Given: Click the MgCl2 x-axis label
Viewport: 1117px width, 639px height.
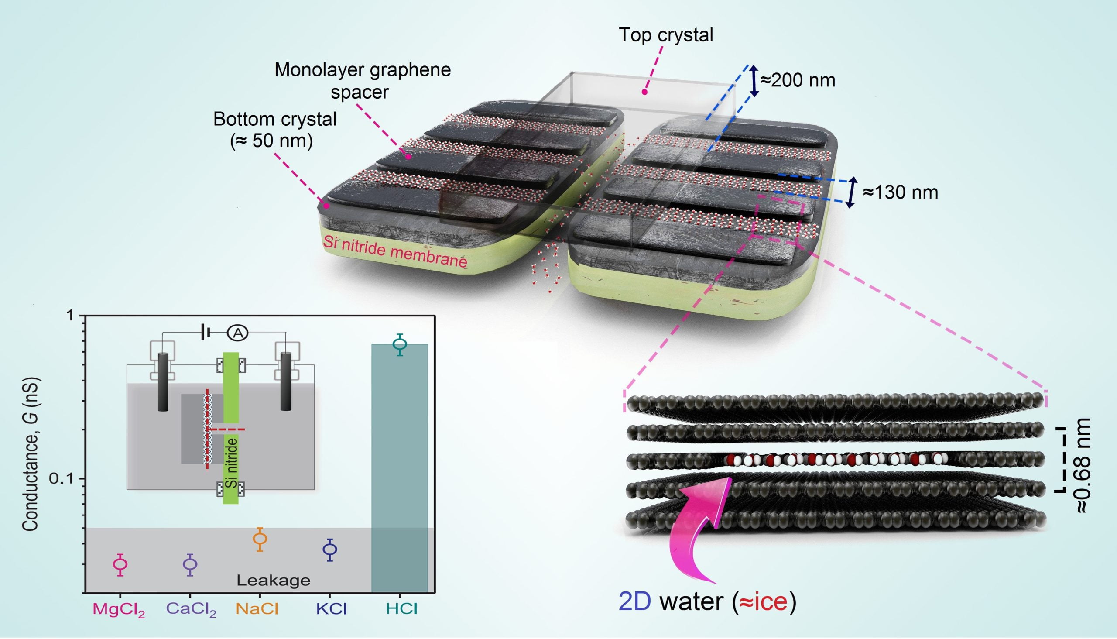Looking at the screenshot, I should click(x=118, y=610).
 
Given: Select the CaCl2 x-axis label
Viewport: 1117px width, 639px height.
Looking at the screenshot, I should click(x=191, y=610).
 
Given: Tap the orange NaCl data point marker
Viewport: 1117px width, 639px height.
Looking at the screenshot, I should click(x=260, y=539).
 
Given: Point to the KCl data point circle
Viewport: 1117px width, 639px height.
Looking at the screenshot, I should click(x=330, y=549).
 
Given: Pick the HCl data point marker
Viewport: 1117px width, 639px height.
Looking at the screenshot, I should click(x=400, y=344).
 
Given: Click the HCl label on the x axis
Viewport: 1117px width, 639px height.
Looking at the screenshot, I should click(x=401, y=609).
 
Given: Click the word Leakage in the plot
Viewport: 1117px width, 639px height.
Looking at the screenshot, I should click(x=273, y=580).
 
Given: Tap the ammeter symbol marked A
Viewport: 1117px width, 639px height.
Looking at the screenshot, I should click(x=237, y=333).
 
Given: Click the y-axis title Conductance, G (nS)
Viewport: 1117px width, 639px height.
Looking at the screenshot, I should click(x=31, y=454).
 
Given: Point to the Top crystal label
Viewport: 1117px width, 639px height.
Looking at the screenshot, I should click(x=665, y=35).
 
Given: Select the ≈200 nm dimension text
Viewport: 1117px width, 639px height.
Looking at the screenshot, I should click(x=797, y=80).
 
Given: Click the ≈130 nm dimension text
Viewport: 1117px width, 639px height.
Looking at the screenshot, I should click(x=900, y=192).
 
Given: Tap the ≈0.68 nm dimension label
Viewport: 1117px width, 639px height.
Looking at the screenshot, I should click(x=1083, y=465).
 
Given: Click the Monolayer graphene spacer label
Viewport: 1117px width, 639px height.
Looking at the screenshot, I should click(x=362, y=81).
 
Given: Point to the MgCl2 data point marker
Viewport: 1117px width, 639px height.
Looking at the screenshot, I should click(x=120, y=564).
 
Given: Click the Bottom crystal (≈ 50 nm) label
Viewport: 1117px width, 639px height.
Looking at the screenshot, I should click(x=274, y=130).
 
